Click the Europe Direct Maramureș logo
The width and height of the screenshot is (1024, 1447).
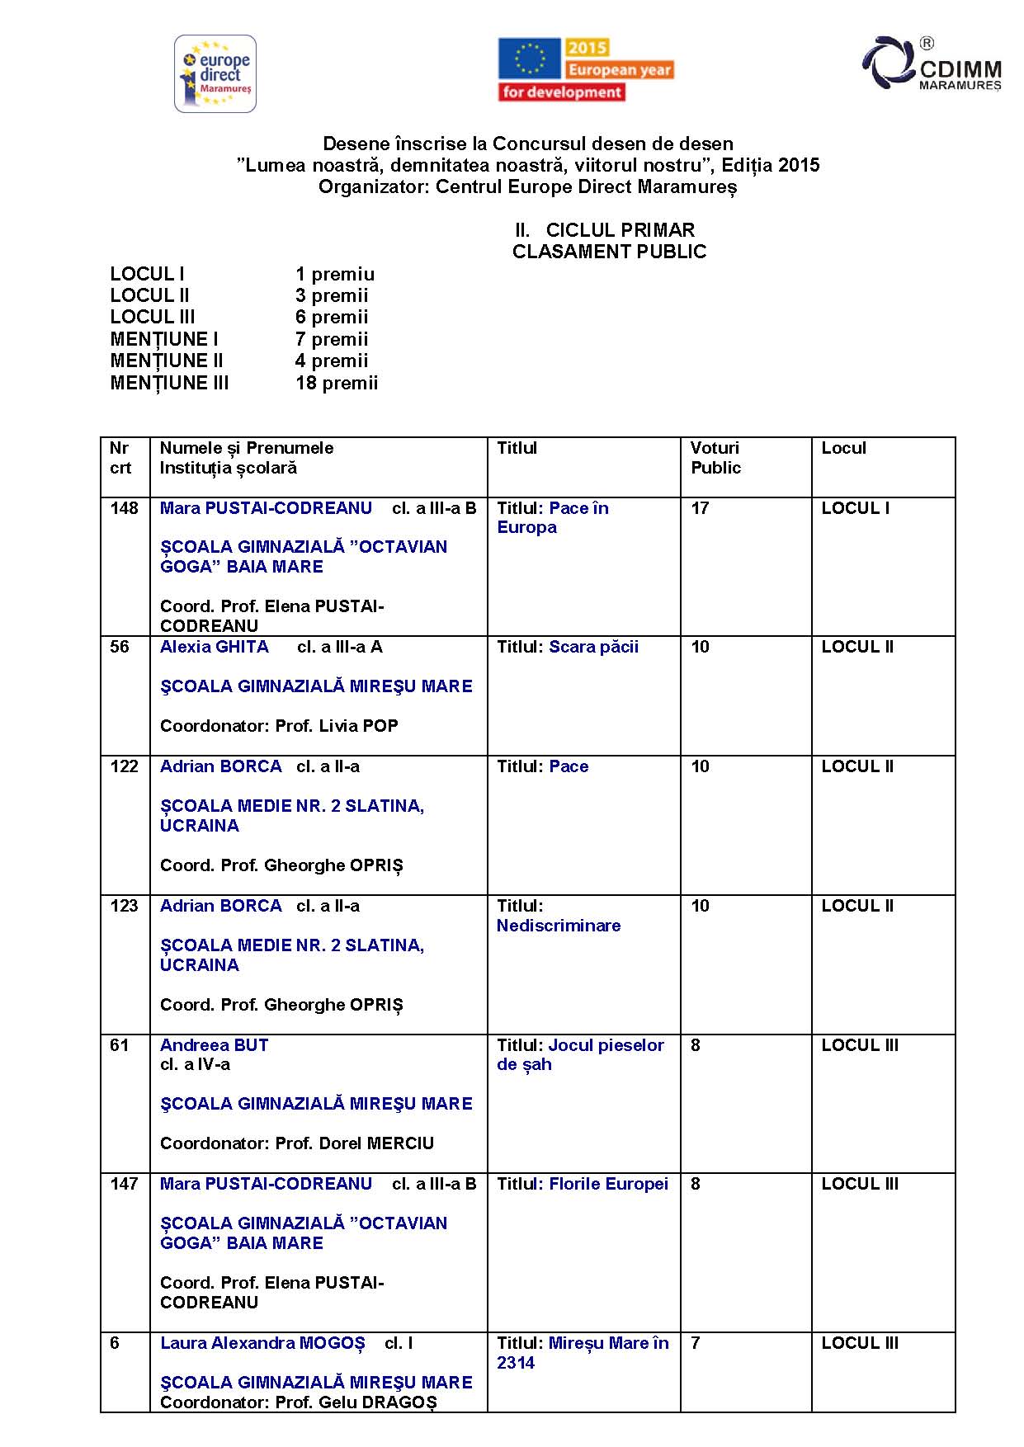(215, 73)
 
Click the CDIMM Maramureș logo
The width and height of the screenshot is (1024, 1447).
(932, 64)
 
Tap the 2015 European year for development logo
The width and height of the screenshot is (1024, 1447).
(585, 70)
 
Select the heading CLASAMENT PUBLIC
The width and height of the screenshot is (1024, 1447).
(609, 252)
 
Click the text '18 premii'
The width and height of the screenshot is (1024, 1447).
(337, 383)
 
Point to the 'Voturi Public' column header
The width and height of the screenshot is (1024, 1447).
(715, 458)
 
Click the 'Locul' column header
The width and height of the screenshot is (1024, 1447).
(843, 448)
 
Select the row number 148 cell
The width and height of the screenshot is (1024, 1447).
(125, 508)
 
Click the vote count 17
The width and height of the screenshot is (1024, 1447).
(700, 508)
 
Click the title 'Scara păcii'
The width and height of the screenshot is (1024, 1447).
(594, 647)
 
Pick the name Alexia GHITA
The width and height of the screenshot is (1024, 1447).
(215, 647)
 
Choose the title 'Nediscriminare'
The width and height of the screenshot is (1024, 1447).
(559, 926)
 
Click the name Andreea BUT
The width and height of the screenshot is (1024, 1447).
(215, 1045)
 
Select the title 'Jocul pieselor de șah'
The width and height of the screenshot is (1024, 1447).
(580, 1054)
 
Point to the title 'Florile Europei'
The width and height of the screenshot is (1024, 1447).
(608, 1184)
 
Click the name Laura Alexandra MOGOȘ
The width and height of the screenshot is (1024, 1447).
(262, 1343)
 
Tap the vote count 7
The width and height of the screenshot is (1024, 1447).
(696, 1343)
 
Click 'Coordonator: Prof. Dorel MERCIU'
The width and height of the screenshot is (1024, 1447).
(297, 1143)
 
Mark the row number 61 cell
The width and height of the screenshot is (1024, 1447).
(120, 1045)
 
